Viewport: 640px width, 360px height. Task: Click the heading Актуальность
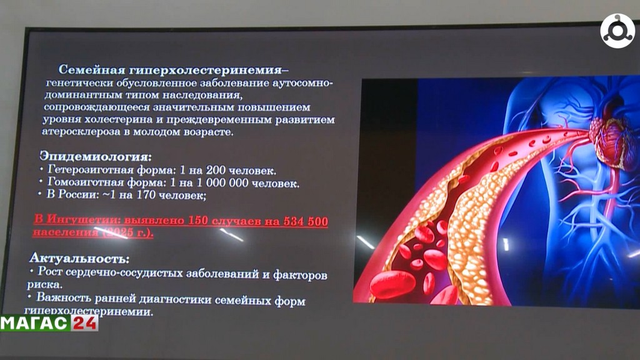[x=80, y=258]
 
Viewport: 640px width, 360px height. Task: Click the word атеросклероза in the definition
[x=76, y=132]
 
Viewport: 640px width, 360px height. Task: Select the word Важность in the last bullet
[x=62, y=298]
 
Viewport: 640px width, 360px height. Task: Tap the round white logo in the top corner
[x=617, y=31]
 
